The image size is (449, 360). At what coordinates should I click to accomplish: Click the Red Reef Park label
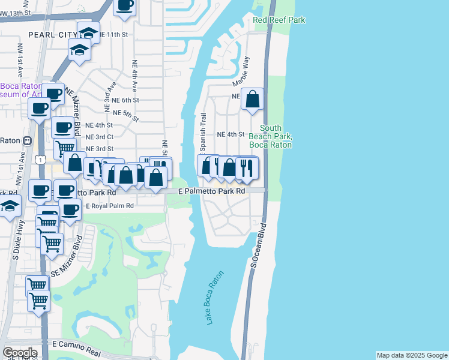click(x=279, y=20)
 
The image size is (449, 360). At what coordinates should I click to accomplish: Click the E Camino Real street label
click(x=79, y=344)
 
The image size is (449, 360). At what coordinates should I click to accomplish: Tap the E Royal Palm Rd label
click(x=109, y=206)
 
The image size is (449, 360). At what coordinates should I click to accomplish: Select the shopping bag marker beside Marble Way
click(x=253, y=100)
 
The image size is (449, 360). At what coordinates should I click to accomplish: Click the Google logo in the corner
click(x=20, y=353)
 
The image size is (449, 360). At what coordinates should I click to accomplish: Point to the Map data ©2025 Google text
click(x=411, y=355)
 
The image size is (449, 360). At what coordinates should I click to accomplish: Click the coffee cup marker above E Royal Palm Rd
click(x=70, y=210)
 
